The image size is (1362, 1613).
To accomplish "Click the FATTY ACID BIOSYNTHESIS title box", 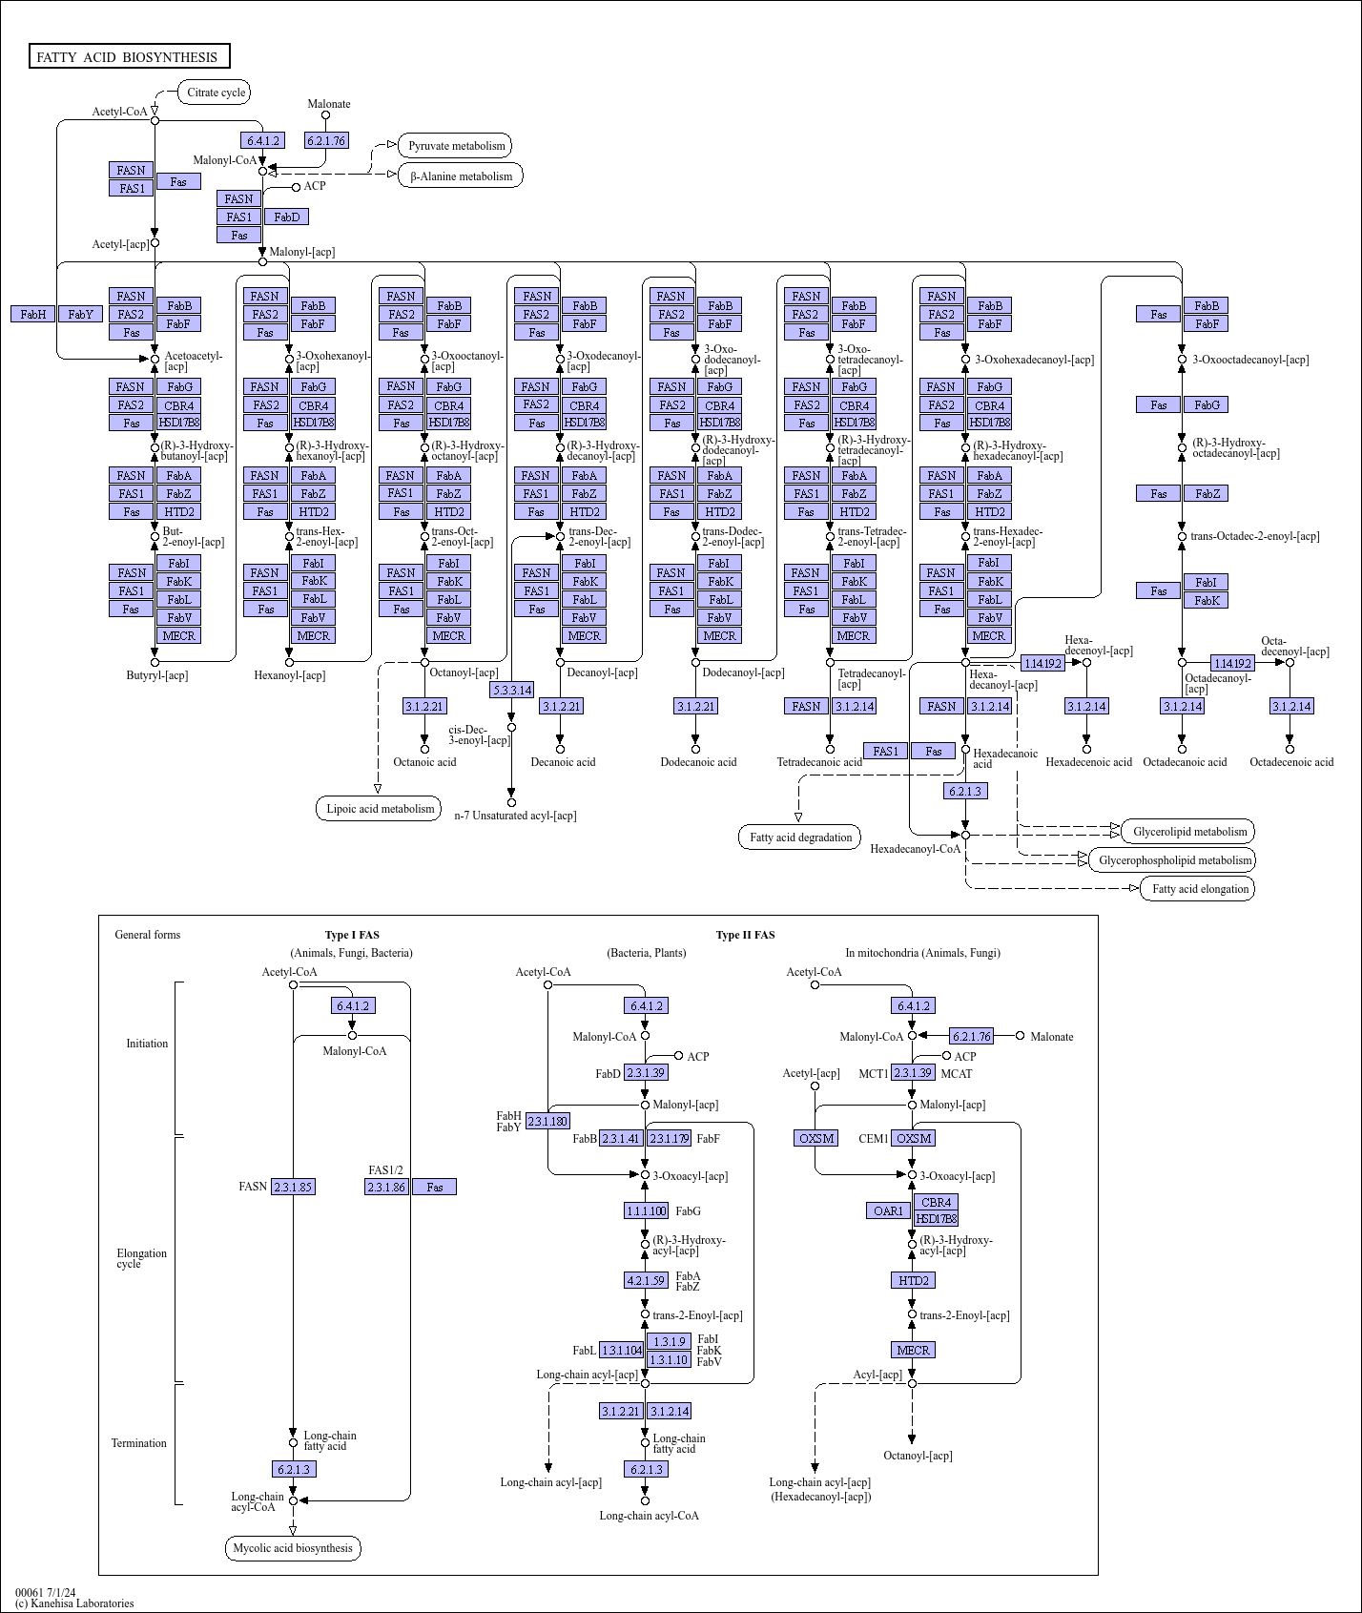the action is click(129, 57).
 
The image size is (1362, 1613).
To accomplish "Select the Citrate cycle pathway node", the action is click(215, 93).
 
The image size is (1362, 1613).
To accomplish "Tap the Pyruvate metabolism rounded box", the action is click(455, 146).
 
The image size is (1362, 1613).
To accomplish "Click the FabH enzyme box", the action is click(33, 314).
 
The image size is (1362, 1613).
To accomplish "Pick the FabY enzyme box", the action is click(81, 314).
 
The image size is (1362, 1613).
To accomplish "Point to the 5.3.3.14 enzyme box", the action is click(512, 690).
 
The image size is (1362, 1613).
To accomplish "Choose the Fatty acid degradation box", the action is click(800, 838).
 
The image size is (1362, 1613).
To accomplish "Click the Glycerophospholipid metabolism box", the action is click(1174, 860).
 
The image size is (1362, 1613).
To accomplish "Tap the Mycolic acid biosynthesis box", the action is click(293, 1548).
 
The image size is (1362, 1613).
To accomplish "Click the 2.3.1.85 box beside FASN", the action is click(293, 1187).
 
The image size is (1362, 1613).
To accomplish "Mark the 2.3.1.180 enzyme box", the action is click(547, 1121).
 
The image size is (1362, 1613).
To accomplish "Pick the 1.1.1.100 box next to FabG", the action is click(646, 1211).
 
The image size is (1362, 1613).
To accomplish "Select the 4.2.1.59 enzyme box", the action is click(646, 1280).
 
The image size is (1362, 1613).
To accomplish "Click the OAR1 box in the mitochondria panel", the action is click(888, 1211).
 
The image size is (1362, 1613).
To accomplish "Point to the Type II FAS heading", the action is click(745, 935).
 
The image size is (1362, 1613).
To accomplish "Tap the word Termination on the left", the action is click(139, 1443).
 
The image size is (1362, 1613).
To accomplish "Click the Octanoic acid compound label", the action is click(424, 762).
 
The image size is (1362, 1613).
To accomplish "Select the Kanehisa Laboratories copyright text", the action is click(74, 1603).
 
